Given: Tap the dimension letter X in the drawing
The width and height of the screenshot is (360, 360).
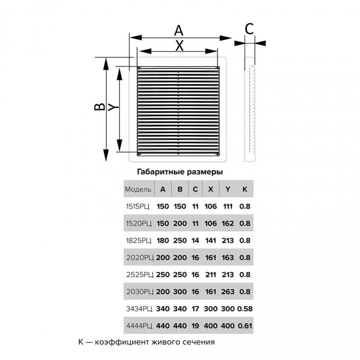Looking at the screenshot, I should [x=179, y=46].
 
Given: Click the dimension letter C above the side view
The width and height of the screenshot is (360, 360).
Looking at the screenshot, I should [x=249, y=29].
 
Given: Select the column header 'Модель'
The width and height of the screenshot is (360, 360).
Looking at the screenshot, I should [x=138, y=189].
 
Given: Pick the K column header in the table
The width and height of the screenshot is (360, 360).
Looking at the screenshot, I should [x=244, y=189].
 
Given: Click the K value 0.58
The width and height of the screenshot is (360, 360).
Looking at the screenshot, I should [x=244, y=309].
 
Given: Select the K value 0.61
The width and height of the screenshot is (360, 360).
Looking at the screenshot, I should [x=244, y=326].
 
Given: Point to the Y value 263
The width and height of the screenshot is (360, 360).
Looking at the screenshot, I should [x=228, y=292].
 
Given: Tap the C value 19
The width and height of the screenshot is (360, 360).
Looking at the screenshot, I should [x=195, y=326].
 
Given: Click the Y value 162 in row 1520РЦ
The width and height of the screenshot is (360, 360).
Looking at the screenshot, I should [x=228, y=224].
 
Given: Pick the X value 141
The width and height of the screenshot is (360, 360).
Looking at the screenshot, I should [x=211, y=241].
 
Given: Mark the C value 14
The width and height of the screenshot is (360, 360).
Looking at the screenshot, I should [x=195, y=241].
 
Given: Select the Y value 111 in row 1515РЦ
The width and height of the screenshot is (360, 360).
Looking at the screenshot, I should [x=228, y=207].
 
